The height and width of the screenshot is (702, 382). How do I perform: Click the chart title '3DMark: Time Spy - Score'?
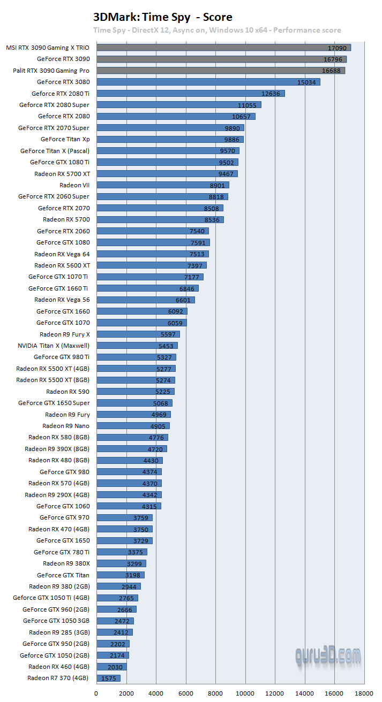(163, 17)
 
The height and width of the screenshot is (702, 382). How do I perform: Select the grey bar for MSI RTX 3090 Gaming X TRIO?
(223, 48)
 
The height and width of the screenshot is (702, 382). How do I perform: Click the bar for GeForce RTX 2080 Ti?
(191, 94)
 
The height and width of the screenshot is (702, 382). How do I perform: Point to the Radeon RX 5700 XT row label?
(62, 174)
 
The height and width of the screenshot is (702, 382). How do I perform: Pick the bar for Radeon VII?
(163, 185)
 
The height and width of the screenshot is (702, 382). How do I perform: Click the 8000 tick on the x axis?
(215, 693)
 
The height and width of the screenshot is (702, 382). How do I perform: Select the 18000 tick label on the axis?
(364, 693)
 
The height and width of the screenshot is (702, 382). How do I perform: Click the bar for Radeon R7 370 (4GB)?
(109, 678)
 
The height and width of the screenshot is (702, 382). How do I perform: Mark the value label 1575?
(109, 678)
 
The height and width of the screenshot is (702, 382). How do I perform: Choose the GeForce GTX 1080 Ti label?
(59, 162)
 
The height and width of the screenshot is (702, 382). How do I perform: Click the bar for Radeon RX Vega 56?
(146, 300)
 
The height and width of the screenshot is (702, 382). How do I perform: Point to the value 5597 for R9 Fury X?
(168, 334)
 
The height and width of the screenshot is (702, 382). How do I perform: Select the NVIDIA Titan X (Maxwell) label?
(54, 346)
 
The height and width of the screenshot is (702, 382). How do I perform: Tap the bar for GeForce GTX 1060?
(129, 506)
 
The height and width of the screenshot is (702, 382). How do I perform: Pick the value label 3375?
(136, 552)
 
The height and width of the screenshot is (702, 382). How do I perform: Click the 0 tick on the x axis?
(97, 693)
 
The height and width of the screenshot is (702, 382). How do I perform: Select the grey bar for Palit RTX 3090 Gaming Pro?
(221, 71)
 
